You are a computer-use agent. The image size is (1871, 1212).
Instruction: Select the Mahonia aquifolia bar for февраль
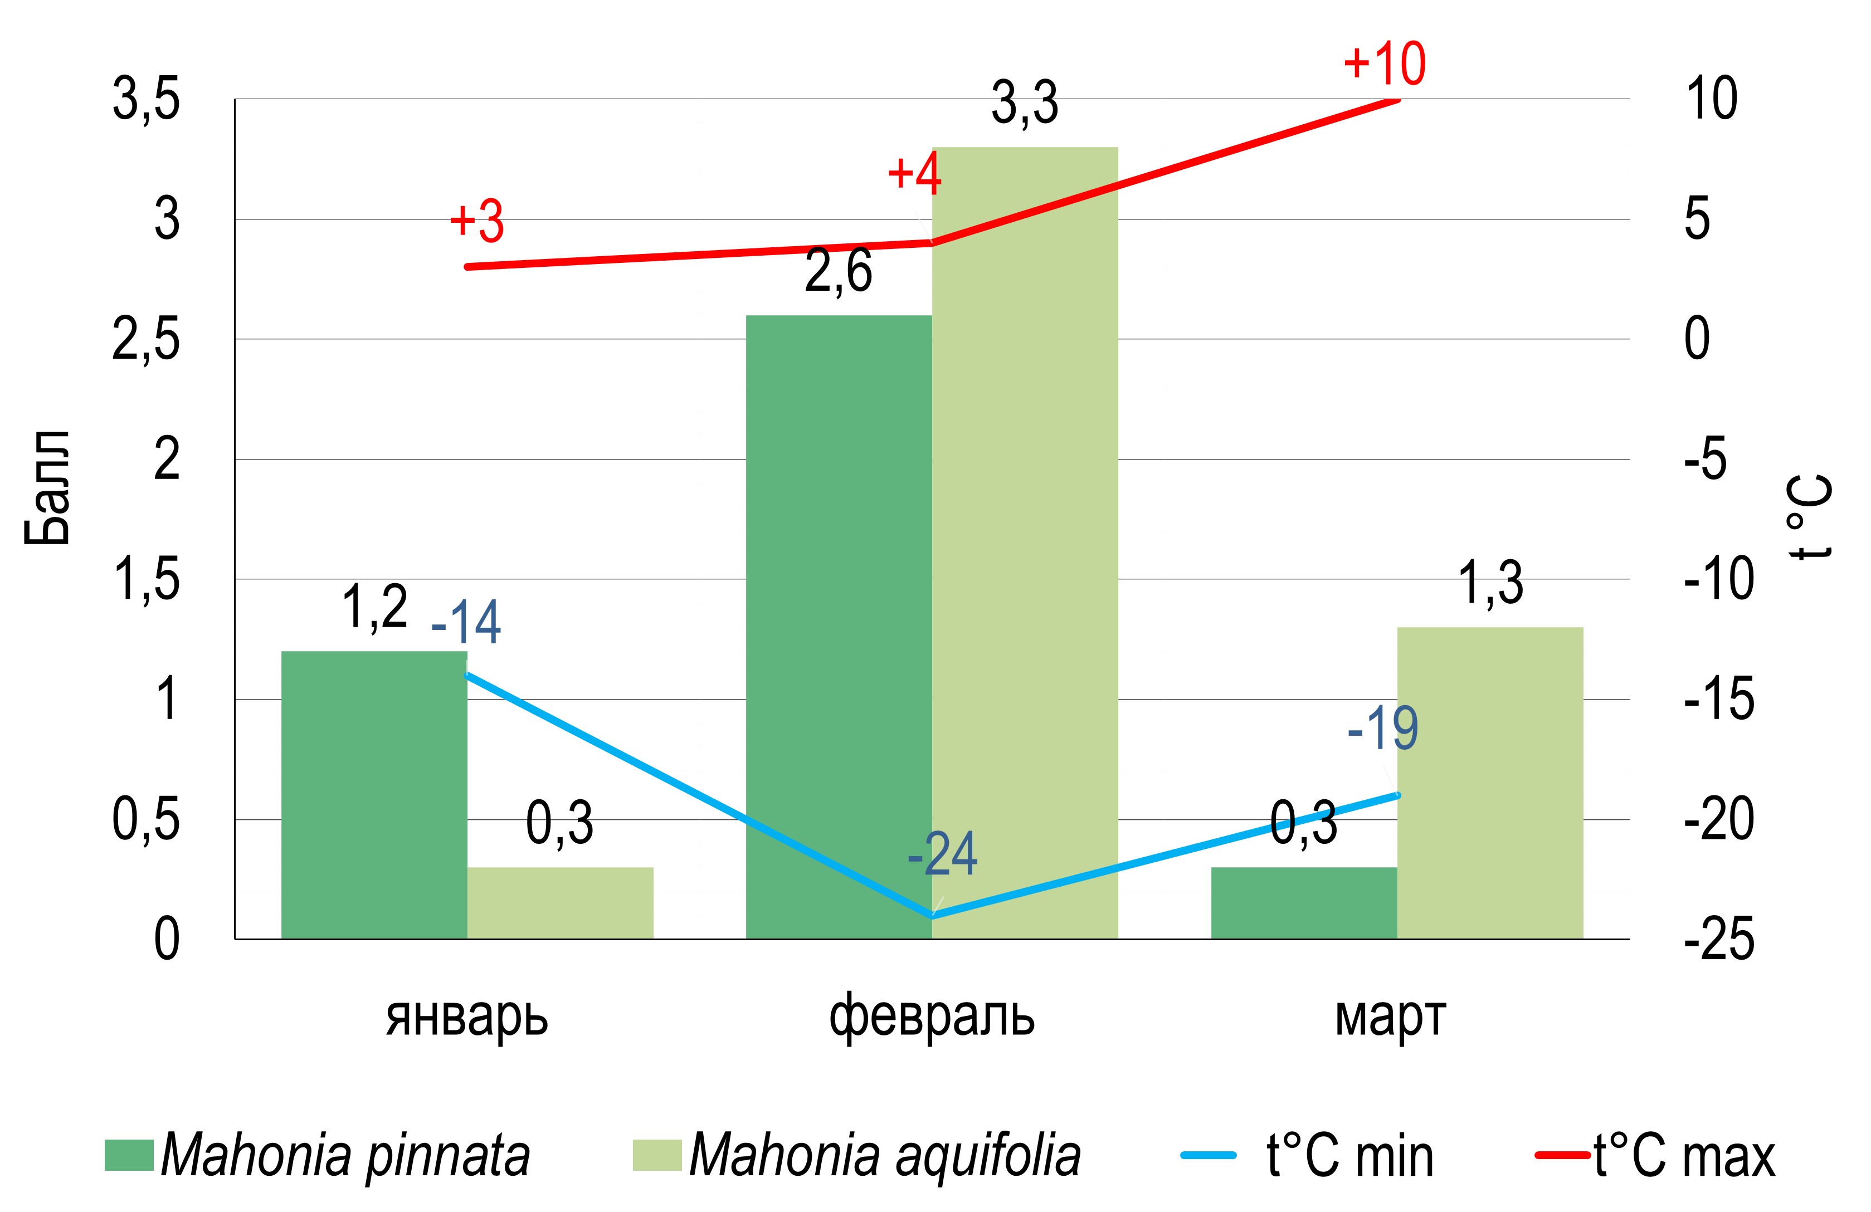[x=1024, y=543]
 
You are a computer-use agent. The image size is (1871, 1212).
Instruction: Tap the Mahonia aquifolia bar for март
[x=1490, y=782]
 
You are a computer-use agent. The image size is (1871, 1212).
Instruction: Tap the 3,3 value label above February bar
[x=1024, y=104]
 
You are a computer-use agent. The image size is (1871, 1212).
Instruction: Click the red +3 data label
[x=476, y=221]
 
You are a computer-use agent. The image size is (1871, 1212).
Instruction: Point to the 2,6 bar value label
[x=838, y=272]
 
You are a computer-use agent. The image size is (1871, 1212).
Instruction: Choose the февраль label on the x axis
[x=932, y=1016]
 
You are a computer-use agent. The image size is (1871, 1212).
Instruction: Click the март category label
[x=1390, y=1016]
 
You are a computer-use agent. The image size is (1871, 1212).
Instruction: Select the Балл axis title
[x=47, y=487]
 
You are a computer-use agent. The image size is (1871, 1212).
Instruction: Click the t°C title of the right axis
[x=1810, y=516]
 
